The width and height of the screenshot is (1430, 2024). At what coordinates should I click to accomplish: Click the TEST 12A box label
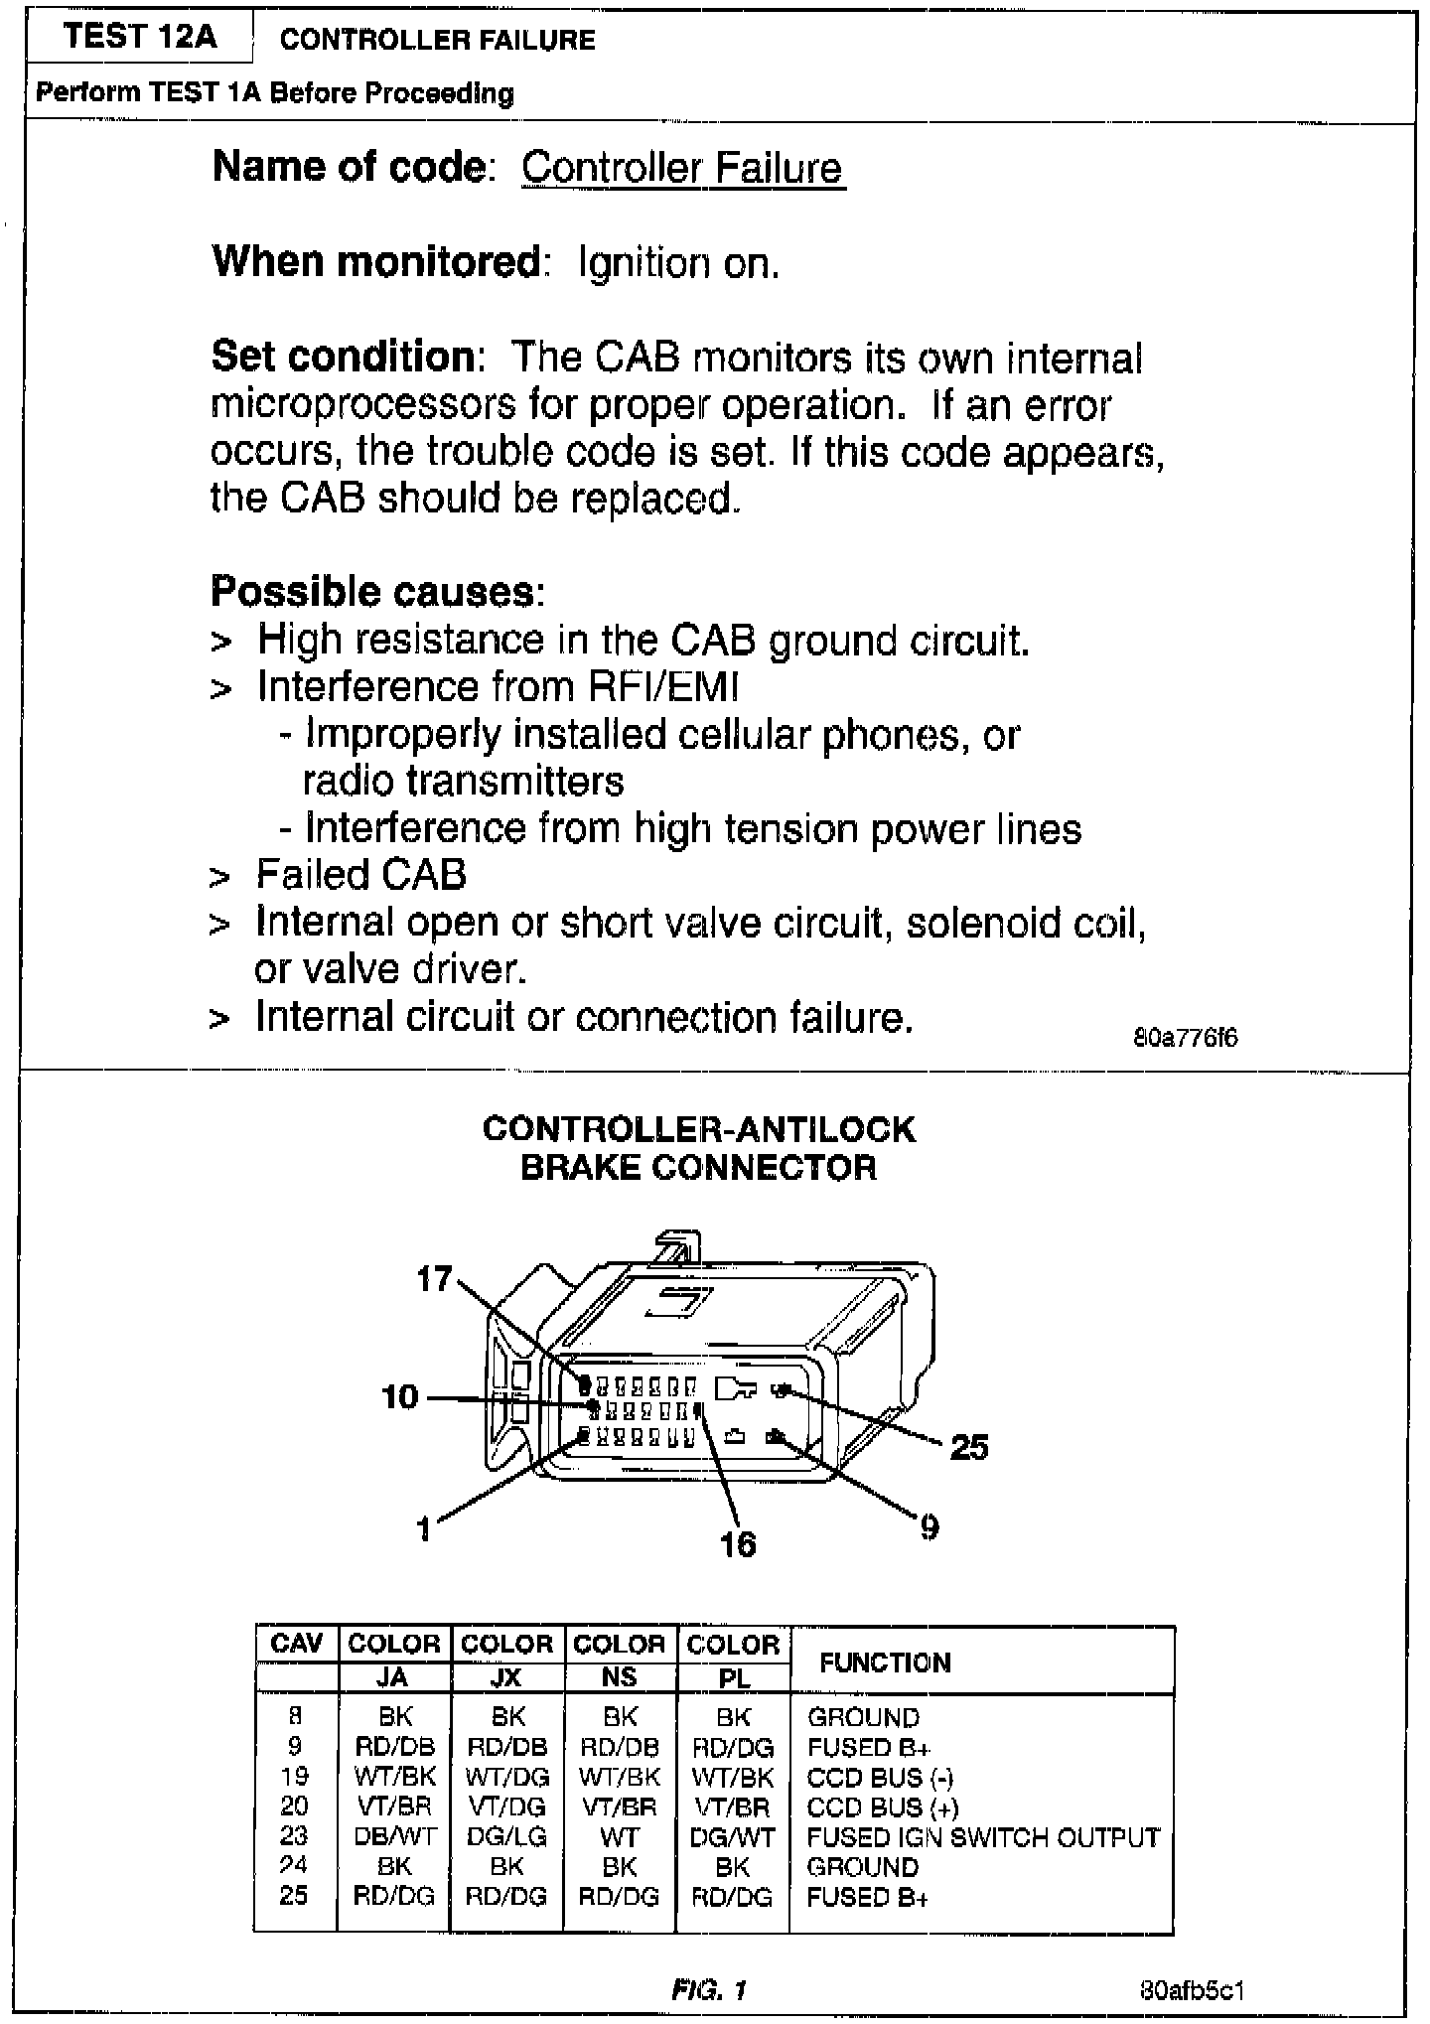pyautogui.click(x=140, y=38)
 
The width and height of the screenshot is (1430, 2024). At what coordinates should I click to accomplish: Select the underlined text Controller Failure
pyautogui.click(x=682, y=167)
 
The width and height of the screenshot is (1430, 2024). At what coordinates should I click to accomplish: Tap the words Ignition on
pyautogui.click(x=678, y=263)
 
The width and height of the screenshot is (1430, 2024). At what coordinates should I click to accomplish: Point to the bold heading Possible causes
pyautogui.click(x=377, y=592)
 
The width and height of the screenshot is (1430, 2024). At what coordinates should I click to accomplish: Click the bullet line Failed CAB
pyautogui.click(x=360, y=875)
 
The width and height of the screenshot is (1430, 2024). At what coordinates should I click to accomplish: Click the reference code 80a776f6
pyautogui.click(x=1186, y=1039)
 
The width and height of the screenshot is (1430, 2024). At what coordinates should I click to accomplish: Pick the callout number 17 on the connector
pyautogui.click(x=434, y=1278)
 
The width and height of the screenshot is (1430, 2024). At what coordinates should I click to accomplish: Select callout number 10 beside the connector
pyautogui.click(x=400, y=1397)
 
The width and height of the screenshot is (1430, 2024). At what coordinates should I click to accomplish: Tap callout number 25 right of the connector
pyautogui.click(x=969, y=1447)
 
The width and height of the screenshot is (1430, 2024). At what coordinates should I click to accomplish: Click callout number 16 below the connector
pyautogui.click(x=738, y=1543)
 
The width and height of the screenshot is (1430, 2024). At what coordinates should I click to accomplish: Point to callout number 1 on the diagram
pyautogui.click(x=424, y=1528)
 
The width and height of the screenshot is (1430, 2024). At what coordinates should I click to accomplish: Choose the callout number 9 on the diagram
pyautogui.click(x=929, y=1526)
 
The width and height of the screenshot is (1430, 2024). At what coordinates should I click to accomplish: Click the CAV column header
pyautogui.click(x=296, y=1644)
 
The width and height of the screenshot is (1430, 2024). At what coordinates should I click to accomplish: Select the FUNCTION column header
pyautogui.click(x=885, y=1663)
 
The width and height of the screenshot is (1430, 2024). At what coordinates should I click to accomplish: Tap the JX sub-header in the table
pyautogui.click(x=506, y=1677)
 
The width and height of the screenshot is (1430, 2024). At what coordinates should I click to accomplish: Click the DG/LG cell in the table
pyautogui.click(x=506, y=1836)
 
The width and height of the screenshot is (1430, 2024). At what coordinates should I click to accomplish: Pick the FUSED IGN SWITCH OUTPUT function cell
pyautogui.click(x=983, y=1837)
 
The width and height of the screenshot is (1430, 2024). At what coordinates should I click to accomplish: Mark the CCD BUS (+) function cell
pyautogui.click(x=882, y=1807)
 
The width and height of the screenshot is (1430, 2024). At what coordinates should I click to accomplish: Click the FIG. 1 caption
pyautogui.click(x=709, y=1989)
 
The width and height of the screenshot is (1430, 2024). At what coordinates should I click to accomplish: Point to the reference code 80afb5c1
pyautogui.click(x=1193, y=1990)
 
